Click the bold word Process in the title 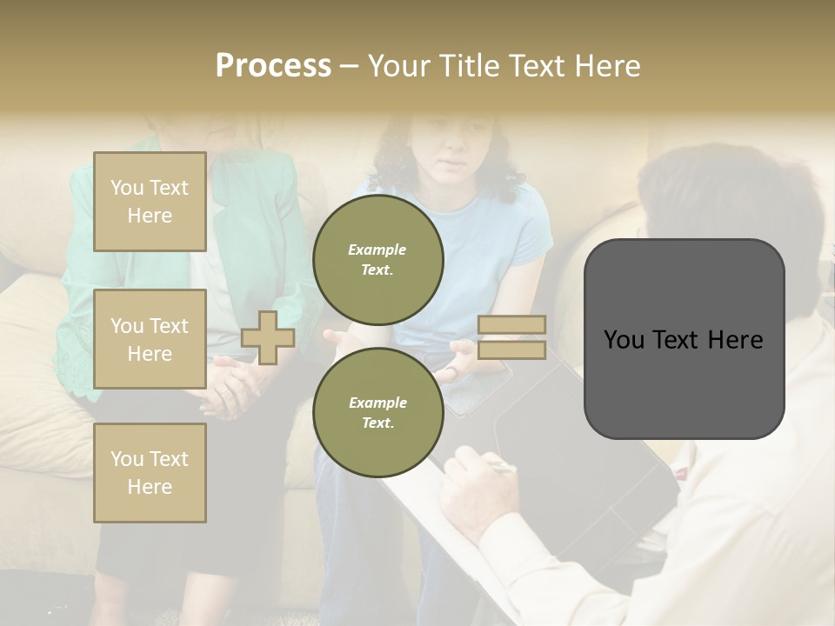click(x=273, y=66)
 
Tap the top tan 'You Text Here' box click(x=150, y=202)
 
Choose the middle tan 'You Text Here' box click(x=150, y=339)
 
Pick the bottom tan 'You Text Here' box click(x=150, y=473)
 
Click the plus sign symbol click(x=268, y=337)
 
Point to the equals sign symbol click(x=511, y=337)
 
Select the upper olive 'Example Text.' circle click(x=378, y=260)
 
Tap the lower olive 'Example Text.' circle click(x=378, y=413)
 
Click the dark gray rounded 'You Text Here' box click(x=684, y=339)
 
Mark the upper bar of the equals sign click(x=511, y=325)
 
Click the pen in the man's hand click(x=500, y=467)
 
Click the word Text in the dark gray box click(x=683, y=340)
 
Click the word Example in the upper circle click(x=377, y=250)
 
